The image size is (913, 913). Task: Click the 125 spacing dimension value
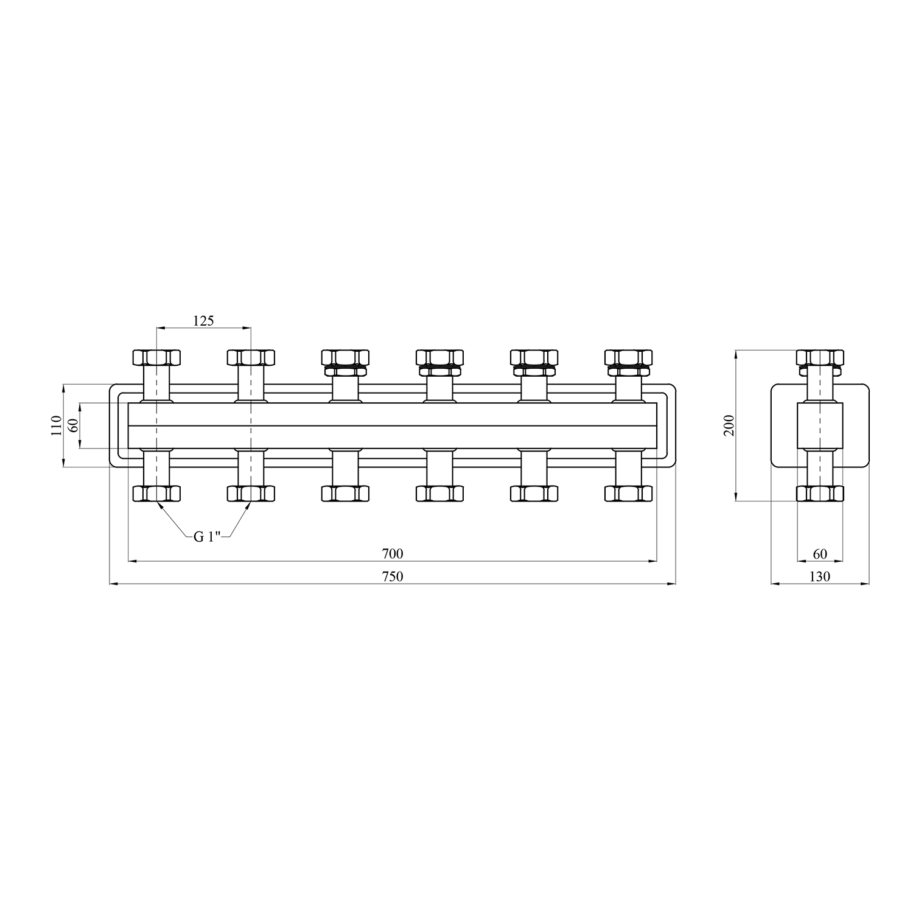point(204,321)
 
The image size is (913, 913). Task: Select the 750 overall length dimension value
point(393,576)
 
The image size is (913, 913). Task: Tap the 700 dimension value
point(393,554)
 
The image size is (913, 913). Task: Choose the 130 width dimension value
point(820,576)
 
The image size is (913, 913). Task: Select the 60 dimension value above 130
point(820,554)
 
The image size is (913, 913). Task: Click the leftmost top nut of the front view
point(157,357)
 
